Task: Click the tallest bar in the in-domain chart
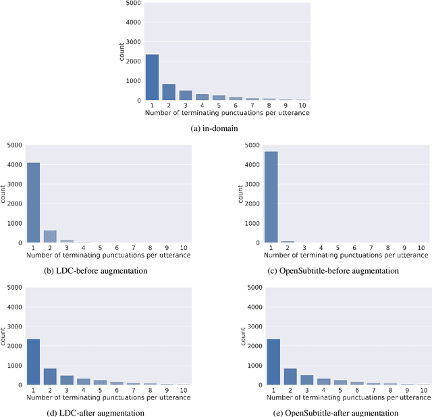pos(153,77)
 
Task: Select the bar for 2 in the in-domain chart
pos(169,92)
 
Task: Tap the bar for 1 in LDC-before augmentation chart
pos(33,203)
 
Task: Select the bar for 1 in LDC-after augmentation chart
pos(33,362)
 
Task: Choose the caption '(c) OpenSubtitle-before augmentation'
pos(342,270)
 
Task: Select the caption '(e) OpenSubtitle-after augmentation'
pos(342,412)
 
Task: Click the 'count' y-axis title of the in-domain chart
pos(122,51)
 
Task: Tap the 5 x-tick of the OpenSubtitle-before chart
pos(339,247)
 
